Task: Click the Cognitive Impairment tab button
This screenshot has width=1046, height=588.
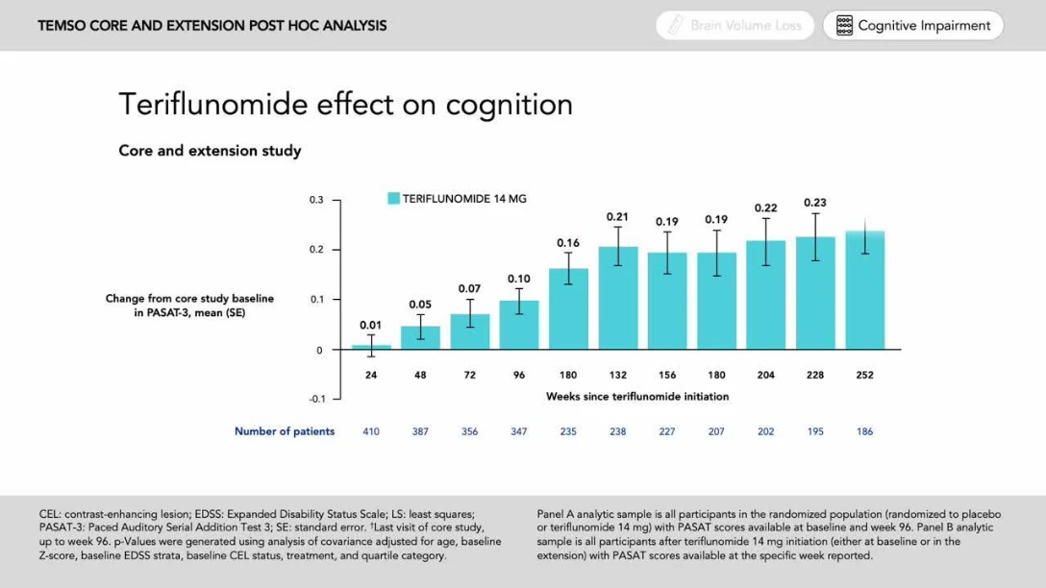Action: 912,26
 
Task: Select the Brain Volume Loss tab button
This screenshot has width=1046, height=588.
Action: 735,26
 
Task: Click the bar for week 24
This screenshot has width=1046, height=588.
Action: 371,347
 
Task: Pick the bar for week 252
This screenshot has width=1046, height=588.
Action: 864,289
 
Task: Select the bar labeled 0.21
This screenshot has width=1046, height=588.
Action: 618,298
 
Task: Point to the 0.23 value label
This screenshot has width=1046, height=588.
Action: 815,203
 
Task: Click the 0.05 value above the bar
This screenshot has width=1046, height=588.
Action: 420,305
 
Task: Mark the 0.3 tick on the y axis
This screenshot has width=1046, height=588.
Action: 316,200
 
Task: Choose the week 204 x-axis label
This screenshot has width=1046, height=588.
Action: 766,375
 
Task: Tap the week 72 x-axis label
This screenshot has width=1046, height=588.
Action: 470,375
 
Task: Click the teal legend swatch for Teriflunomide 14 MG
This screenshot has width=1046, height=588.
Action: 393,199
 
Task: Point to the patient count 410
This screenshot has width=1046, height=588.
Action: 371,431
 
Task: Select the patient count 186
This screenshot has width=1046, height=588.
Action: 864,431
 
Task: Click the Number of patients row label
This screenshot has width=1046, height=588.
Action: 285,431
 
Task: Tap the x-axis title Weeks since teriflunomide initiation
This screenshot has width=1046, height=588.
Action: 636,396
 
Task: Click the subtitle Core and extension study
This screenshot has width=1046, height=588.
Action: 210,151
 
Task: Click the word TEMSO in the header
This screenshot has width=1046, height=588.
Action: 62,26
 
